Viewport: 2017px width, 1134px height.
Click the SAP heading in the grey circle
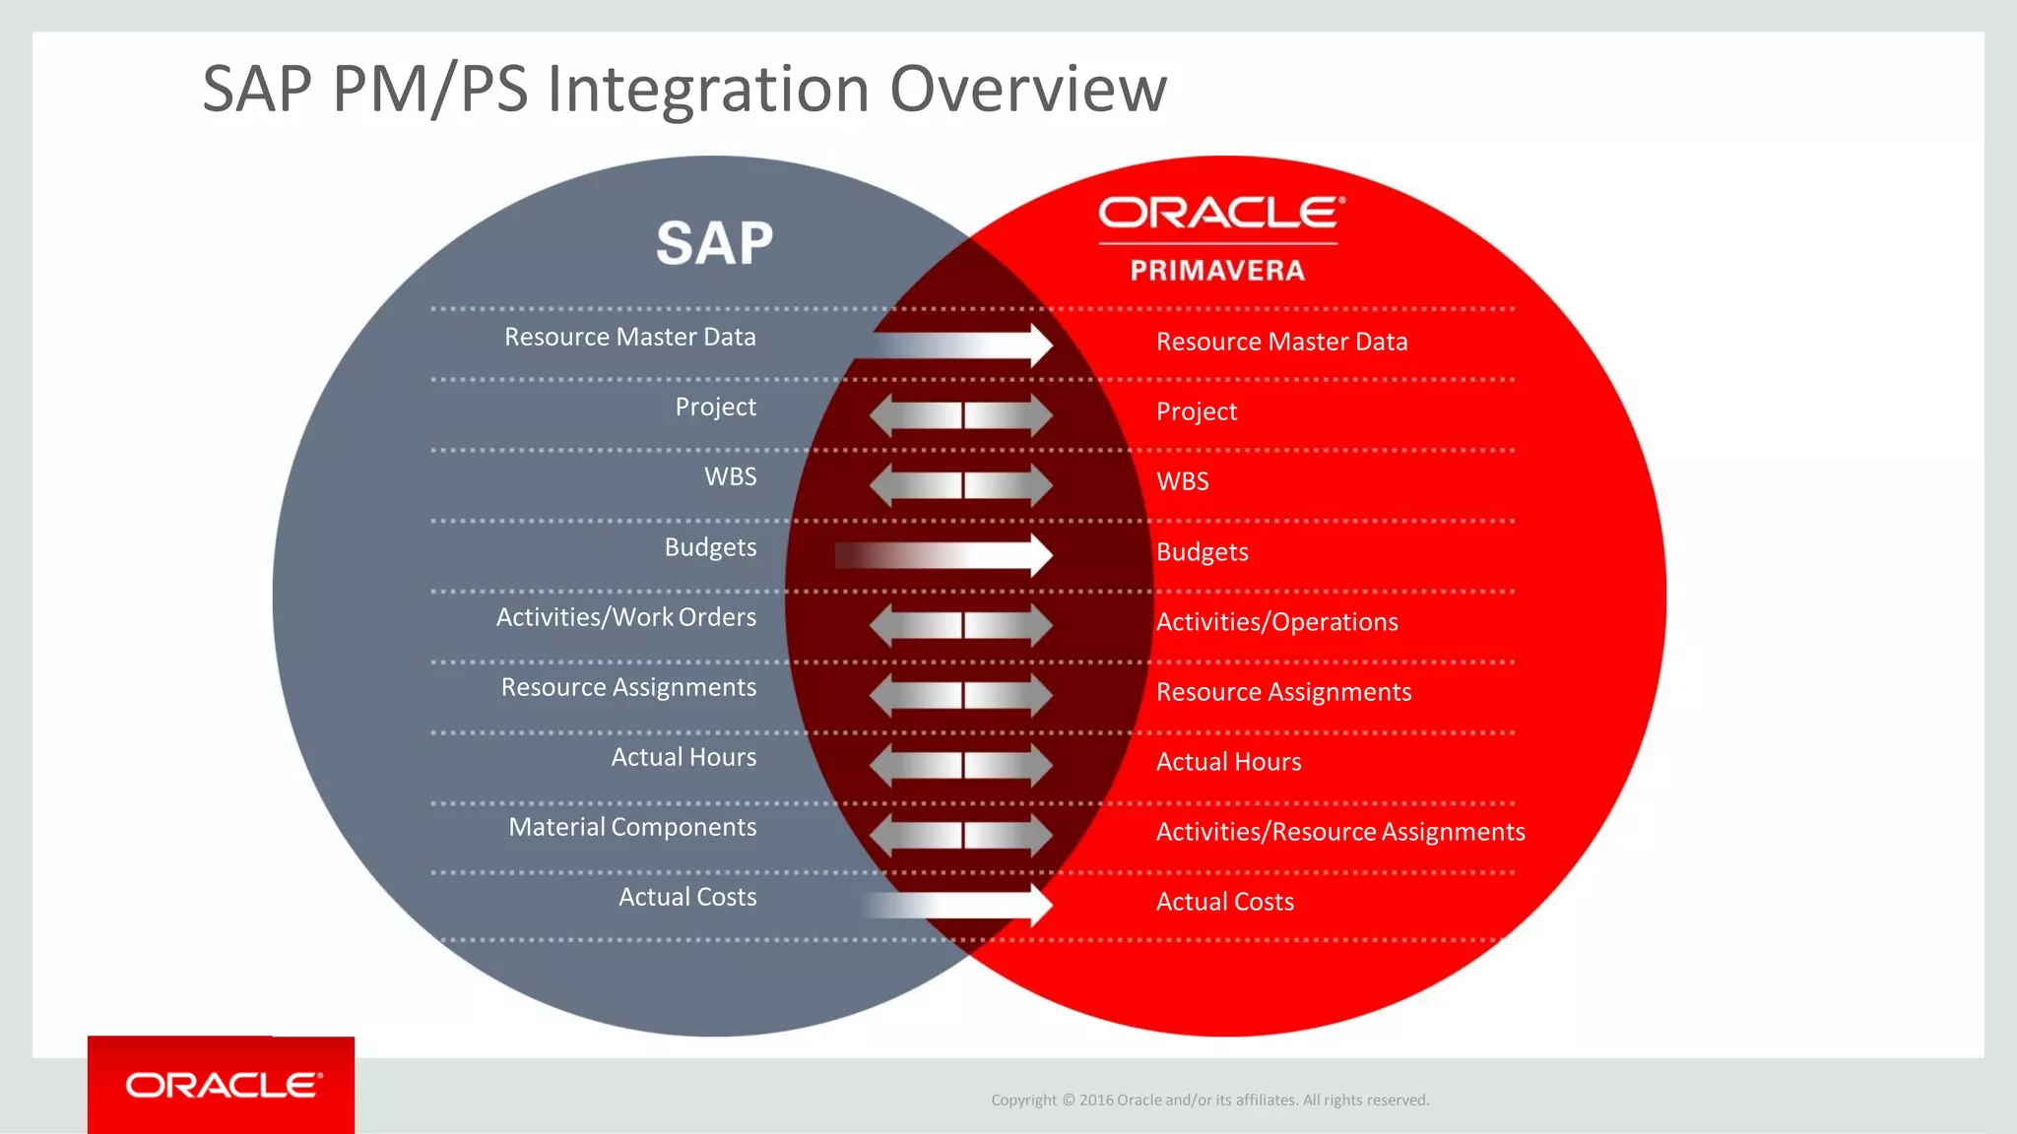715,243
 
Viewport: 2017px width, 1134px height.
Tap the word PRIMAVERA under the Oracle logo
1217,271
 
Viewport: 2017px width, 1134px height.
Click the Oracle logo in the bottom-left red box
224,1085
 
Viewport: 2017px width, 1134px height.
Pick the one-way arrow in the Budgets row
945,555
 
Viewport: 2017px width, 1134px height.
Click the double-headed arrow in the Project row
961,415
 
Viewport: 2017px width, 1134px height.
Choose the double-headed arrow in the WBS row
961,485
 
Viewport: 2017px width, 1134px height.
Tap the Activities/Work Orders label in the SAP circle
626,617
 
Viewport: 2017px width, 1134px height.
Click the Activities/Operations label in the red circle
1276,622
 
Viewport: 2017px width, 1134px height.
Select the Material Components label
632,827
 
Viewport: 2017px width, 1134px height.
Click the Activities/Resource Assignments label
1339,832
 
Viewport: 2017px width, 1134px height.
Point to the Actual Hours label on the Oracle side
1228,762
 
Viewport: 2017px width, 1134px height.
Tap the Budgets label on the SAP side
710,547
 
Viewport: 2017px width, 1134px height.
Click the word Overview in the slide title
1028,89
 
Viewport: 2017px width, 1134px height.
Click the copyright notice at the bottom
1209,1100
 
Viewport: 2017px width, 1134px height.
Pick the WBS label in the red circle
1182,481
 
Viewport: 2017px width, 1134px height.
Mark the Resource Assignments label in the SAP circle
628,687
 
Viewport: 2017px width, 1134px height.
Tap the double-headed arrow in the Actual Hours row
961,765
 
